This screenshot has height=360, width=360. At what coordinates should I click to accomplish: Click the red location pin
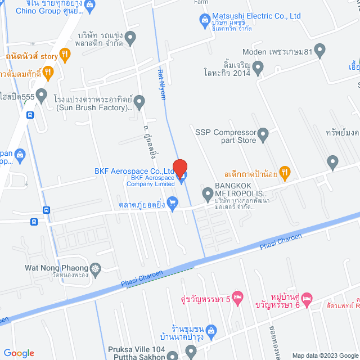point(179,167)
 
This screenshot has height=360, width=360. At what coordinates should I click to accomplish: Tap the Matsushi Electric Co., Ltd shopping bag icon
point(205,21)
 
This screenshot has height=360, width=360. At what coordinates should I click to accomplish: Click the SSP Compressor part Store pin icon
point(263,135)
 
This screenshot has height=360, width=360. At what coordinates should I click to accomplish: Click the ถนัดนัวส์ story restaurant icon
point(66,55)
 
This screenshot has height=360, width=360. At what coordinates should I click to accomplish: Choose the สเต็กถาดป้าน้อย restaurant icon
point(285,173)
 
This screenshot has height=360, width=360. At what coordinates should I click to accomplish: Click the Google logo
point(18,353)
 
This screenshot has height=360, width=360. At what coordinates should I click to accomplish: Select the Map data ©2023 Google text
point(324,355)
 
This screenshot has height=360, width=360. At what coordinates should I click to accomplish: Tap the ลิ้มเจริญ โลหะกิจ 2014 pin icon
point(258,69)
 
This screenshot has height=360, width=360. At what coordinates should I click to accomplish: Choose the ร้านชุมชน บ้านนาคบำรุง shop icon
point(211,330)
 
